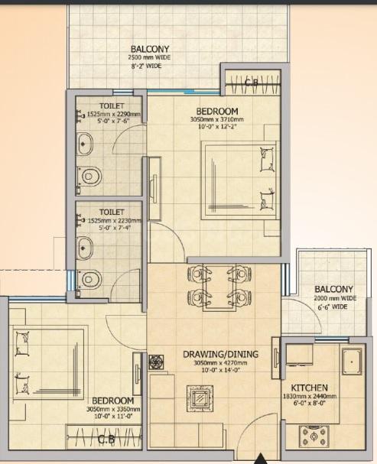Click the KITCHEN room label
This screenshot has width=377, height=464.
click(x=310, y=388)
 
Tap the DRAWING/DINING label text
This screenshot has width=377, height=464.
click(x=220, y=354)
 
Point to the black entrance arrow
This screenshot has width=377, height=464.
click(x=261, y=458)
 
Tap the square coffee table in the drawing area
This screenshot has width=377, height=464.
click(x=202, y=398)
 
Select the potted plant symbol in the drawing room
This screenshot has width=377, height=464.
click(x=157, y=360)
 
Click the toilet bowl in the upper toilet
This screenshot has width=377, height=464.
click(x=90, y=174)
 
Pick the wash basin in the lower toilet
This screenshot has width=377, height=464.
click(x=85, y=246)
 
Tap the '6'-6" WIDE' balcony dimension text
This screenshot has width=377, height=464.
click(x=333, y=307)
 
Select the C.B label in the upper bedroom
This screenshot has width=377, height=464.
click(x=252, y=82)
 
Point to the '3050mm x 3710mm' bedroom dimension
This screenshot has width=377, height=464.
click(x=218, y=120)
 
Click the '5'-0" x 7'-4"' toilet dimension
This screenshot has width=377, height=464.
click(x=109, y=227)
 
